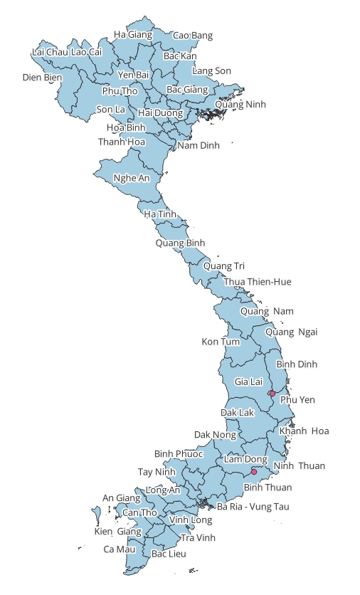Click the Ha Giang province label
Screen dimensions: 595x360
point(133,34)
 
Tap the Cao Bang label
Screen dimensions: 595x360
point(193,35)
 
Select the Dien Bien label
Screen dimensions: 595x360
point(43,77)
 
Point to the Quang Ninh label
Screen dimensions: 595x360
point(240,104)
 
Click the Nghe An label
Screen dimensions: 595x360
point(132,178)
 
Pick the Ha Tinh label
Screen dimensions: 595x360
point(160,214)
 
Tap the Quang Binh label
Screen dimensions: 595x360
point(180,243)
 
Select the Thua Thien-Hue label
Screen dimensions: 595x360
point(258,282)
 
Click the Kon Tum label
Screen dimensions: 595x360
point(221,342)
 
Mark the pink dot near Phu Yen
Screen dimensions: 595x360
point(272,394)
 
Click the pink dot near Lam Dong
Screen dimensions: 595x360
point(254,471)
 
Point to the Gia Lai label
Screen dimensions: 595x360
point(248,382)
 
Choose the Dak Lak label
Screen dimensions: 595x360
point(237,412)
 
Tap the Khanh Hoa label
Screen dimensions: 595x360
point(304,431)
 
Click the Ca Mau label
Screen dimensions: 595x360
point(119,549)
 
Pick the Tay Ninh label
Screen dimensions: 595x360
point(156,472)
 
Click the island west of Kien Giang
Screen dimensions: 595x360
point(96,512)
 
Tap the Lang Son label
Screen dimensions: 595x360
point(211,70)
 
